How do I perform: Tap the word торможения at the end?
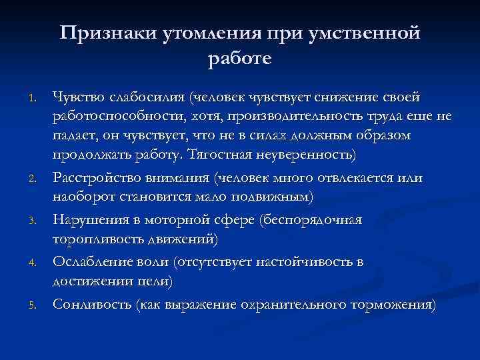[393, 306]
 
